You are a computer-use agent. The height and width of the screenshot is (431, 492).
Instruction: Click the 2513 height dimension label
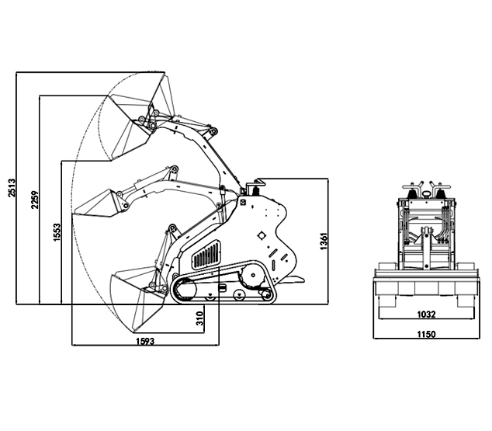[x=12, y=188]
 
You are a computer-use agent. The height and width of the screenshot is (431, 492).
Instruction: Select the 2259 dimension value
[x=35, y=200]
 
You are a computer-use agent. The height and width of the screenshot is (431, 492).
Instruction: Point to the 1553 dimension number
[x=57, y=232]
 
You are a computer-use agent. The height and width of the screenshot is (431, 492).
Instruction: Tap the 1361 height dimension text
[x=324, y=241]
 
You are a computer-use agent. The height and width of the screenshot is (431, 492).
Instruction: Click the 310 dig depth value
[x=199, y=318]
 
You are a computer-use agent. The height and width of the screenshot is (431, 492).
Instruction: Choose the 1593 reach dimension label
[x=145, y=341]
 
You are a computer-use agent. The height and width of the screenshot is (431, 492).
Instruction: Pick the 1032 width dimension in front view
[x=426, y=315]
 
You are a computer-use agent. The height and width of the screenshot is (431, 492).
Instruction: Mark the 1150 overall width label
[x=426, y=334]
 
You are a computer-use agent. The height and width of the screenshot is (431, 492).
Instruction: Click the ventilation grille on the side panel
[x=206, y=255]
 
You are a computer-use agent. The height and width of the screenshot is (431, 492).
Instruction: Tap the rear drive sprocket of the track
[x=253, y=276]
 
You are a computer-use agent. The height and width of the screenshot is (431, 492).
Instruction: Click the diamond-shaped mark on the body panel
[x=261, y=235]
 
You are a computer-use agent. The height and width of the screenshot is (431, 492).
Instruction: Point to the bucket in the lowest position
[x=137, y=297]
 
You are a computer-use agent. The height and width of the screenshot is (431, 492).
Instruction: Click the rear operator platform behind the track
[x=290, y=279]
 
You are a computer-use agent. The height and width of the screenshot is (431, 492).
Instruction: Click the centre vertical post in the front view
[x=426, y=248]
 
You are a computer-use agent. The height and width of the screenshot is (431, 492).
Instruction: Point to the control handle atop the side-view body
[x=255, y=187]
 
